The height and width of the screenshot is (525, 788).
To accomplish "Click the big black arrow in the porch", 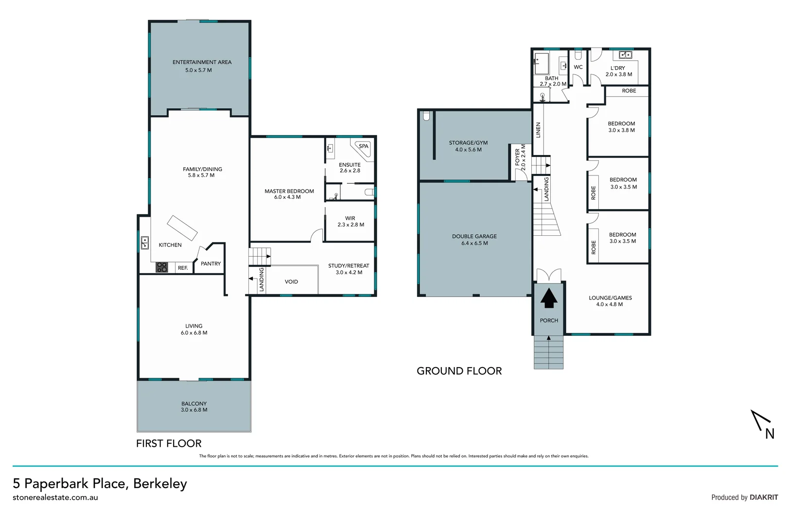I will (x=549, y=298).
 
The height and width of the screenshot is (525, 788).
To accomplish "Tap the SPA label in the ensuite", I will (x=364, y=146).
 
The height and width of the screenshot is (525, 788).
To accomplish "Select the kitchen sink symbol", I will (x=145, y=243).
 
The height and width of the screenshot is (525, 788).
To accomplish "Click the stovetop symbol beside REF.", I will (x=162, y=267).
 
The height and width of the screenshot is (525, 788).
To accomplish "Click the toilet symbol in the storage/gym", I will (x=426, y=116).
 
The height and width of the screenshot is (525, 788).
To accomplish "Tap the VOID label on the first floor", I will (x=291, y=282).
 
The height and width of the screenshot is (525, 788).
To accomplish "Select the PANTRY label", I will (x=210, y=264).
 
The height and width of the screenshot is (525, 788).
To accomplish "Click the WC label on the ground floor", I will (x=578, y=67).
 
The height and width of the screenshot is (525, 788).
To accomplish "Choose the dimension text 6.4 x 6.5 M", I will (x=474, y=243).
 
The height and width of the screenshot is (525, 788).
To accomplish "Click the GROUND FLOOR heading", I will (x=459, y=371).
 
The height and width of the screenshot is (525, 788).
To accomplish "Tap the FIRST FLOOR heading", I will (x=169, y=443).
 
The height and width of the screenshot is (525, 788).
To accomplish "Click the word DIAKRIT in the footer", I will (x=764, y=497).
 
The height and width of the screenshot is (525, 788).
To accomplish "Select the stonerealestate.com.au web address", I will (x=55, y=497).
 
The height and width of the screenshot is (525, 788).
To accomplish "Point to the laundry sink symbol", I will (x=625, y=55).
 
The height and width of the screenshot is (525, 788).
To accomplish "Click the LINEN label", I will (x=538, y=130).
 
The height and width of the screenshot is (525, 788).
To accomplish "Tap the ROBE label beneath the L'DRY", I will (x=629, y=91).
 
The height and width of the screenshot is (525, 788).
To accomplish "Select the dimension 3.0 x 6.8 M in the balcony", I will (x=194, y=410).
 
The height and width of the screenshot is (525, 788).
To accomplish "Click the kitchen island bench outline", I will (x=182, y=228).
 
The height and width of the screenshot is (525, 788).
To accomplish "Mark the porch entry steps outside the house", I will (x=549, y=352).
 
